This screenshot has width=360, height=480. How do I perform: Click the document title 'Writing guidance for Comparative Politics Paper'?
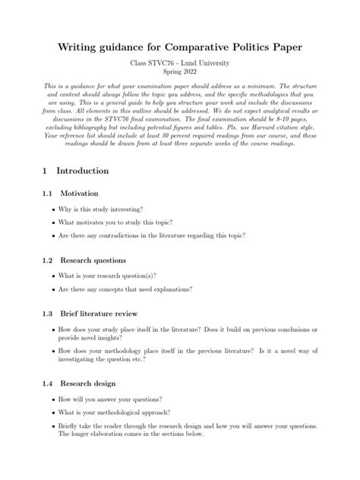[180, 47]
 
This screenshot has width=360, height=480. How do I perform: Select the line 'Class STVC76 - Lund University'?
[180, 63]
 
